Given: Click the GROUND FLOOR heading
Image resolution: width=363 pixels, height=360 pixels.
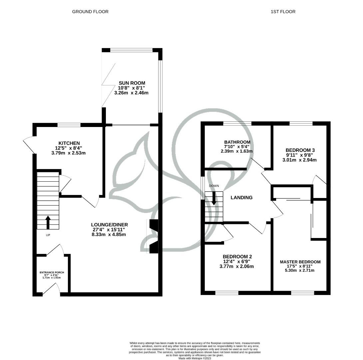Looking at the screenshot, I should pyautogui.click(x=90, y=12).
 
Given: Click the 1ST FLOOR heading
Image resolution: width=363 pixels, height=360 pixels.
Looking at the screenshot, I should pyautogui.click(x=283, y=12).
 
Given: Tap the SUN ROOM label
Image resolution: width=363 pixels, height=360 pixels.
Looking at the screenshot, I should pyautogui.click(x=133, y=83).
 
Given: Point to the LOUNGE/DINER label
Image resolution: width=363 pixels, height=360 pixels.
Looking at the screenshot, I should pyautogui.click(x=109, y=225).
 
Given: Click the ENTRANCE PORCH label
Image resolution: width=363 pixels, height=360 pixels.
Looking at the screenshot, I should pyautogui.click(x=52, y=272).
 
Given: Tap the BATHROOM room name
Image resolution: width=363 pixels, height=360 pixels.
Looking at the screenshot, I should pyautogui.click(x=237, y=142).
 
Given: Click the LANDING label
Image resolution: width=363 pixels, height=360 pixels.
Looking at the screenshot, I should pyautogui.click(x=241, y=197).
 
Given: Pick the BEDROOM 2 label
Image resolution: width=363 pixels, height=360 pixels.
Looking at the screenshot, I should pyautogui.click(x=237, y=256).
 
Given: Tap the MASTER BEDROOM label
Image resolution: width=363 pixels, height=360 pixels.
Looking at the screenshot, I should pyautogui.click(x=300, y=262).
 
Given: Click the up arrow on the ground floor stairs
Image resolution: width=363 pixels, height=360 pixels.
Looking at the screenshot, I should pyautogui.click(x=48, y=222).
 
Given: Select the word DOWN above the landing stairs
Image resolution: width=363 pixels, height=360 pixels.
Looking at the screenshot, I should pyautogui.click(x=214, y=186).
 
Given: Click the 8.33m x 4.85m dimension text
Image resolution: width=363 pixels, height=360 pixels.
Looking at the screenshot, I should pyautogui.click(x=110, y=234).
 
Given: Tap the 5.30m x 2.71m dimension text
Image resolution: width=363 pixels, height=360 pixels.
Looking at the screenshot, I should pyautogui.click(x=300, y=270).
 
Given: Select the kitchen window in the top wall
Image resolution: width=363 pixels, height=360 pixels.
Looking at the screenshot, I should pyautogui.click(x=69, y=125).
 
